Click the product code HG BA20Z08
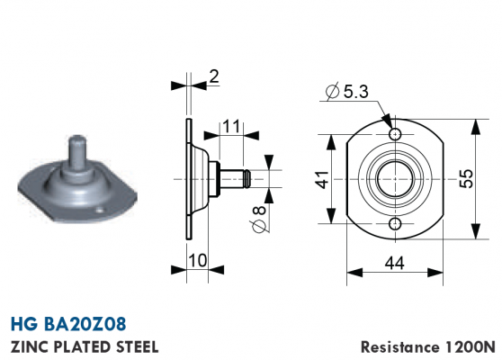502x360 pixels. click(x=68, y=324)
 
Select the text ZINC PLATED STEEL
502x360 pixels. click(x=85, y=346)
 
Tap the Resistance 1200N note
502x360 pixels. click(x=428, y=346)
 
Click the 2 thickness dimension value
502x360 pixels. click(x=214, y=76)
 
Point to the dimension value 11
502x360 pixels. click(x=231, y=127)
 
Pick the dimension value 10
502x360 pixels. click(x=198, y=260)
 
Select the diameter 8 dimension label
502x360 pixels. click(x=259, y=220)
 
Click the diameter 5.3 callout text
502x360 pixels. click(x=347, y=92)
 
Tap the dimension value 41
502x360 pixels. click(x=322, y=179)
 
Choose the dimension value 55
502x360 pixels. click(x=466, y=179)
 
